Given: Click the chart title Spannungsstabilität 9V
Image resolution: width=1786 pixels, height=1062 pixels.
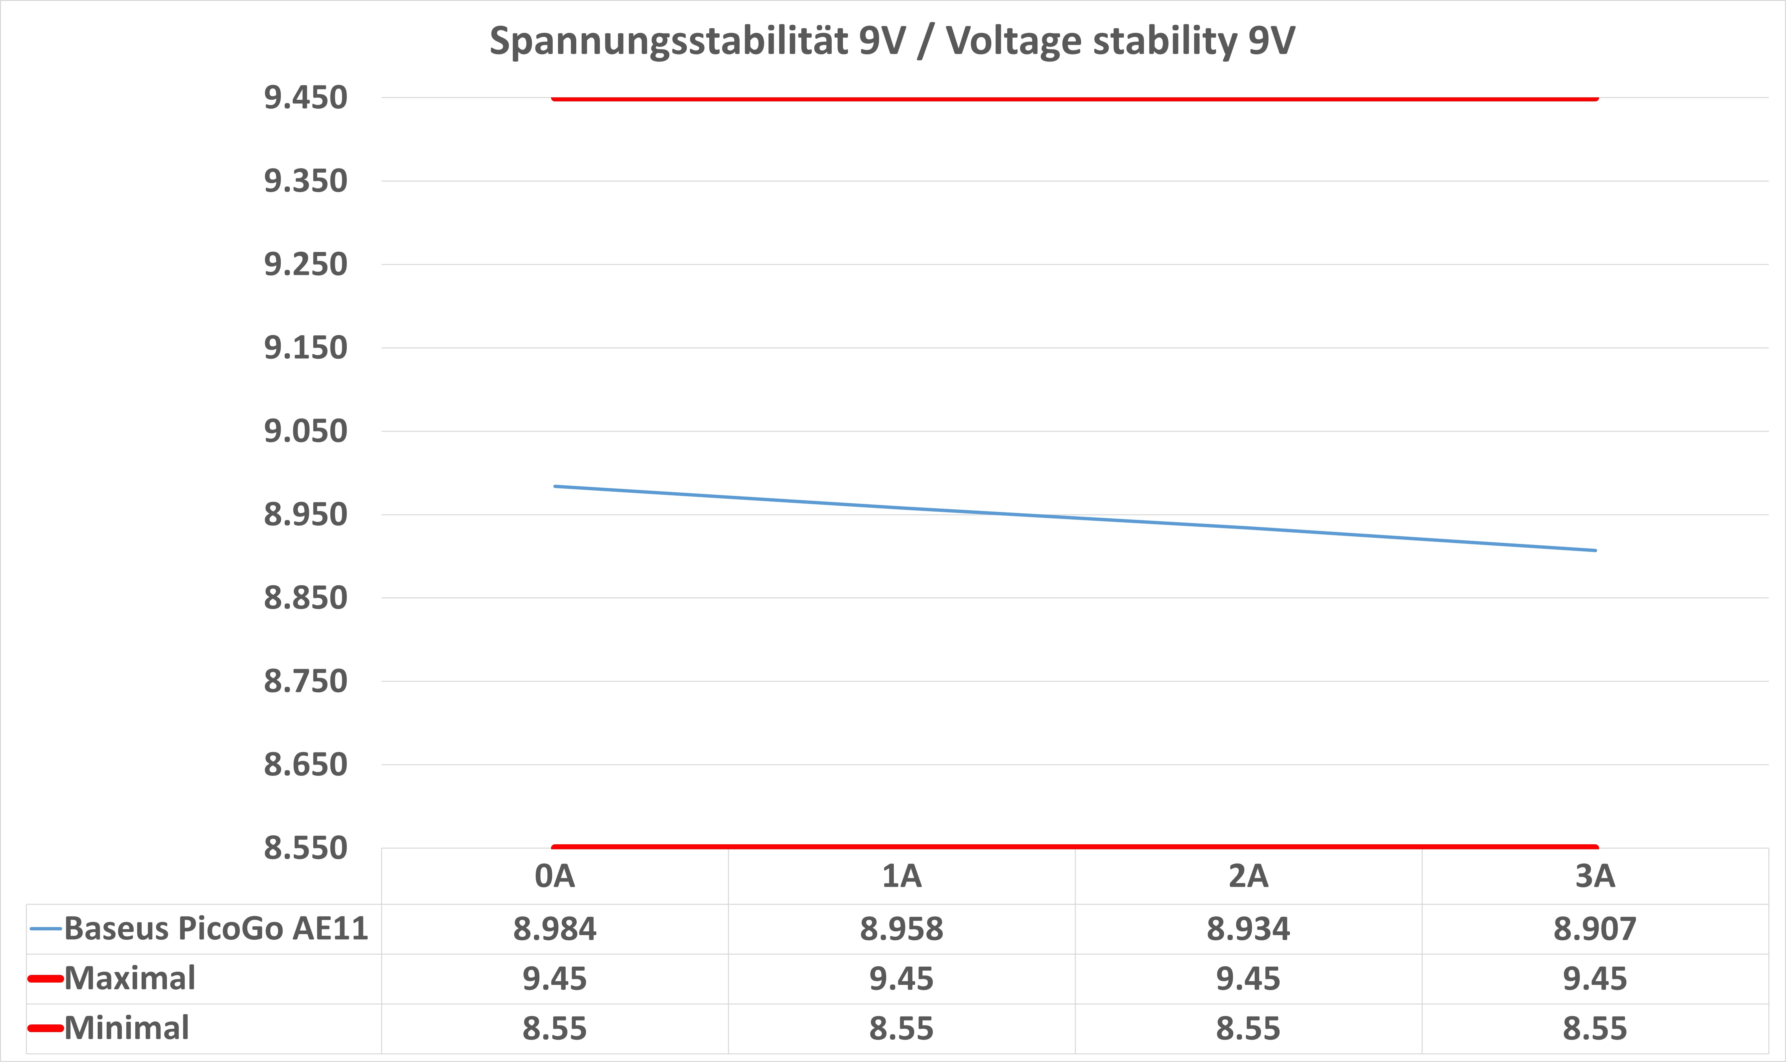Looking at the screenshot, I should tap(892, 41).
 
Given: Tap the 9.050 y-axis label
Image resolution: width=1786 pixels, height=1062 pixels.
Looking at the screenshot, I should tap(306, 431).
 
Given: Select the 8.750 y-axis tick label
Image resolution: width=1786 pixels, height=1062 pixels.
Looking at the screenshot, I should tap(306, 681).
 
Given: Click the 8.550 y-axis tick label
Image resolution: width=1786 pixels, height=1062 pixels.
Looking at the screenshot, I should tap(306, 848).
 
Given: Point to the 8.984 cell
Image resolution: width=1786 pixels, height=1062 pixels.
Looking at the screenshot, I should tap(555, 929).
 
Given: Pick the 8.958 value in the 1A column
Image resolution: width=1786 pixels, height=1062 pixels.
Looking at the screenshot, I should tap(901, 929).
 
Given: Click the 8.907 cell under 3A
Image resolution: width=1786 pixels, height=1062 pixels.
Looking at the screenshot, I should tap(1595, 929).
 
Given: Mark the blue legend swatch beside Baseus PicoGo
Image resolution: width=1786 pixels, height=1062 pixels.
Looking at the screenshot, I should tap(46, 929).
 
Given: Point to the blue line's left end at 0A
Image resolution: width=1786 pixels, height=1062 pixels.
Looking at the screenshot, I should tap(555, 487).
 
